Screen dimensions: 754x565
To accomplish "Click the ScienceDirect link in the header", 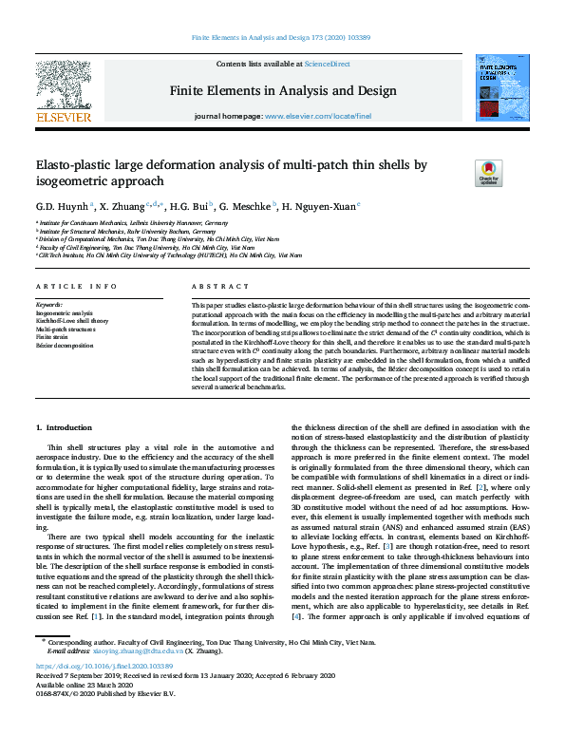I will click(327, 64).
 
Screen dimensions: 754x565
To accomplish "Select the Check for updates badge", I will click(488, 173).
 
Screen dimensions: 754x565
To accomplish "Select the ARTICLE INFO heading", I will click(76, 286).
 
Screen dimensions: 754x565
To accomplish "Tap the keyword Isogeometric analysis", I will click(65, 311).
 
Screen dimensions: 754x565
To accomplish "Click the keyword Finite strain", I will click(52, 336).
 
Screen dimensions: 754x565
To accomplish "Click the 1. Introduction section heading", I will click(64, 429).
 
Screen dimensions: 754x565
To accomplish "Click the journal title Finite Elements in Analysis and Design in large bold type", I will click(282, 90).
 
